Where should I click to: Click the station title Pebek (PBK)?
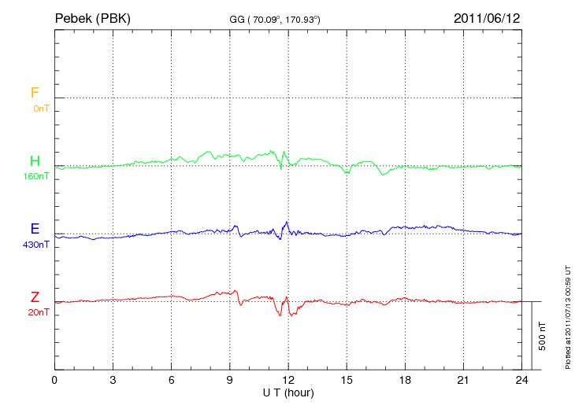tap(92, 17)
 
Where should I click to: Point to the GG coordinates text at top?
tap(273, 18)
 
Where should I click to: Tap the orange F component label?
tap(35, 93)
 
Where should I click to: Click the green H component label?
tap(35, 161)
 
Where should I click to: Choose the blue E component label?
tap(35, 229)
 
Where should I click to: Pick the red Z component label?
tap(35, 297)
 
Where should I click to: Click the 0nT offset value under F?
tap(40, 109)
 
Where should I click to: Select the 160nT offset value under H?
tap(37, 176)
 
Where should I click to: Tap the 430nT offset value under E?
tap(37, 245)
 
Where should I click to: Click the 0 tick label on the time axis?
tap(54, 380)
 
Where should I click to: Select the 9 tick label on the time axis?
tap(230, 380)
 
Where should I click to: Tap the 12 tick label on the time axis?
tap(288, 380)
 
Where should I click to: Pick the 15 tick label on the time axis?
tap(347, 380)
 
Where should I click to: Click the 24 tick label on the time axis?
tap(521, 380)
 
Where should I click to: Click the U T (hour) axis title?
tap(288, 392)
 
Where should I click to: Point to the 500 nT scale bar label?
tap(543, 336)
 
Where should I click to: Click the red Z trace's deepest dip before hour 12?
tap(280, 315)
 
